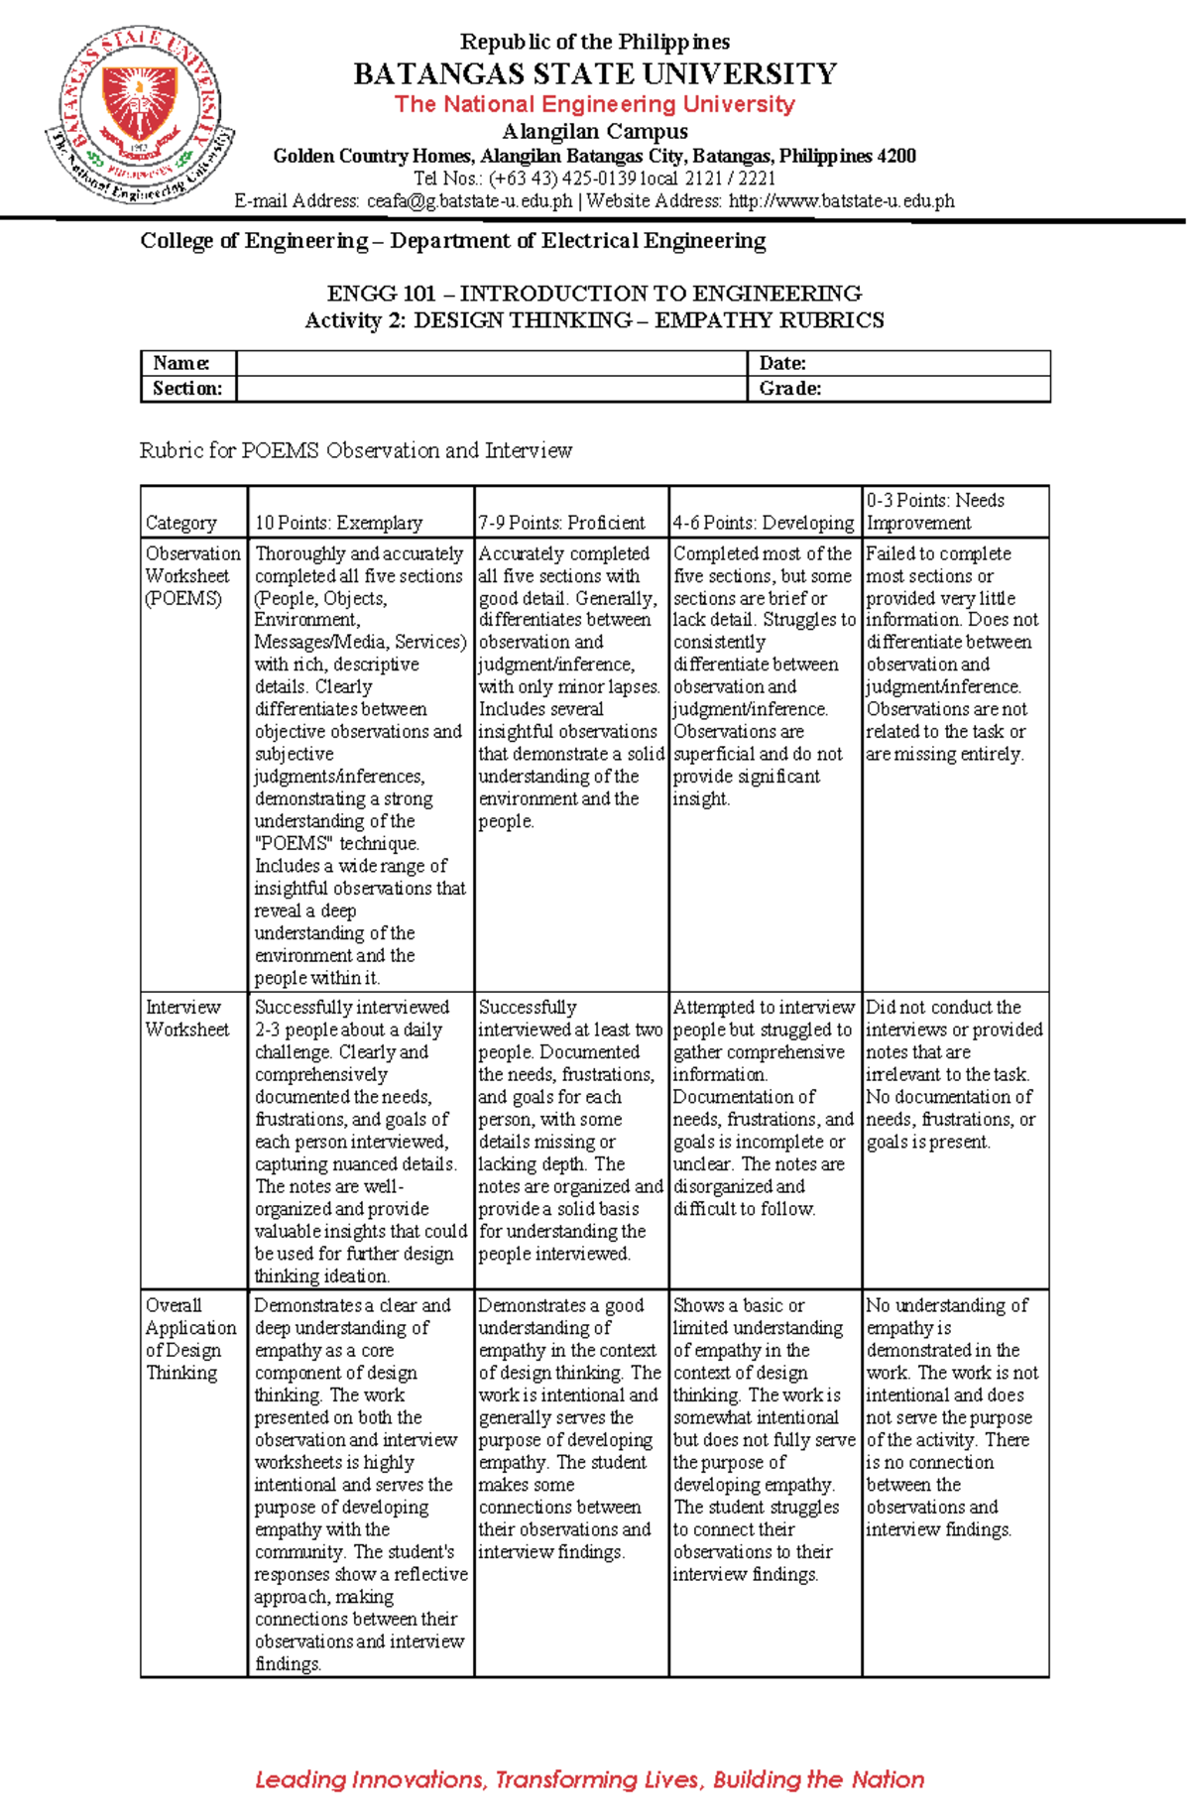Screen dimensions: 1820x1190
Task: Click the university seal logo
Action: click(140, 115)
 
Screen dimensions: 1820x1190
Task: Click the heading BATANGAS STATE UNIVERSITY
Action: click(595, 74)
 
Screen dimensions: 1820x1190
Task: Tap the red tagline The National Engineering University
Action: click(595, 104)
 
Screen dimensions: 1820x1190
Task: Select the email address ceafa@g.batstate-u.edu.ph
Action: click(469, 201)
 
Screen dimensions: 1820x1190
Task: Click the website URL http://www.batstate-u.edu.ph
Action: click(841, 201)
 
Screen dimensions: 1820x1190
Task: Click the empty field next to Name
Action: click(491, 363)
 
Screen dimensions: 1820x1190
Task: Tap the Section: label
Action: click(187, 389)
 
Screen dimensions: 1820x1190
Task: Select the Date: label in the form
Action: click(782, 363)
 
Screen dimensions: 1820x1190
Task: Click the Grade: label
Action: click(790, 389)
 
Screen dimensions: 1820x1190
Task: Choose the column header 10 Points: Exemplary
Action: click(338, 523)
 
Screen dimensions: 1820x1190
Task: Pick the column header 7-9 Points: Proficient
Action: click(562, 523)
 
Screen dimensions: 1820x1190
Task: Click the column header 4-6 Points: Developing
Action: click(764, 523)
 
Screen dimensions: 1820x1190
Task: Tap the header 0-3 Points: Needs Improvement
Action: click(935, 512)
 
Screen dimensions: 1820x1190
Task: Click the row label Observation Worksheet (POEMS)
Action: click(192, 576)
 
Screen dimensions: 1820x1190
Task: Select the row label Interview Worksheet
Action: click(186, 1019)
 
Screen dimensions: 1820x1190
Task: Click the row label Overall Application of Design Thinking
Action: click(189, 1339)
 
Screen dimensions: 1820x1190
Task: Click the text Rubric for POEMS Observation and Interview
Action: click(356, 450)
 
